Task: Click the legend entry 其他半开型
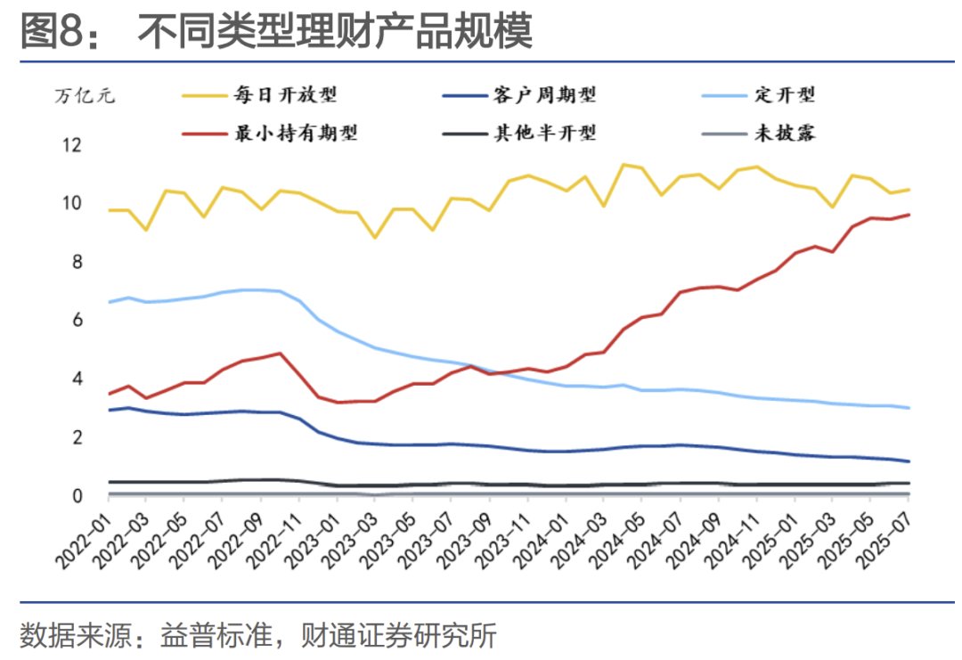(x=544, y=134)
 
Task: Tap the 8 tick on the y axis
(x=77, y=262)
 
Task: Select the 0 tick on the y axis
(x=77, y=496)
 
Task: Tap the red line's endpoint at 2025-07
(x=908, y=214)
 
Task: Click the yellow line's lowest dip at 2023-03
(x=375, y=237)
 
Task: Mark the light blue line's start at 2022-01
(x=110, y=302)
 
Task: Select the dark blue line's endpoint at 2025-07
(x=908, y=461)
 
